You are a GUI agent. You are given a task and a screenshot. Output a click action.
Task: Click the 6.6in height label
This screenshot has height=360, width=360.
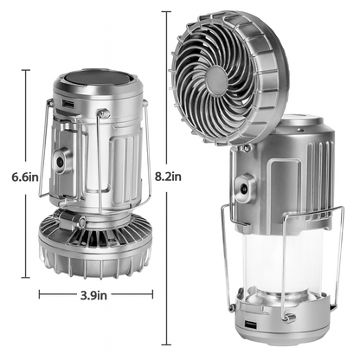click(x=19, y=177)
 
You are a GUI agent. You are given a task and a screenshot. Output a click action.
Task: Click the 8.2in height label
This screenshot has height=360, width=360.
click(x=169, y=177)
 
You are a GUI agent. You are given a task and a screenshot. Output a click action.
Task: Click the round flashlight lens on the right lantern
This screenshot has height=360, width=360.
click(x=245, y=186)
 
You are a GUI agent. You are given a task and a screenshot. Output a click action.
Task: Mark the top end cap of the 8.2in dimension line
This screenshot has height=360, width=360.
click(x=167, y=11)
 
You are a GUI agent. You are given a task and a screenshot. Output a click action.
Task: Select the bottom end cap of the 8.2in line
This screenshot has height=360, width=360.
click(x=167, y=344)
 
